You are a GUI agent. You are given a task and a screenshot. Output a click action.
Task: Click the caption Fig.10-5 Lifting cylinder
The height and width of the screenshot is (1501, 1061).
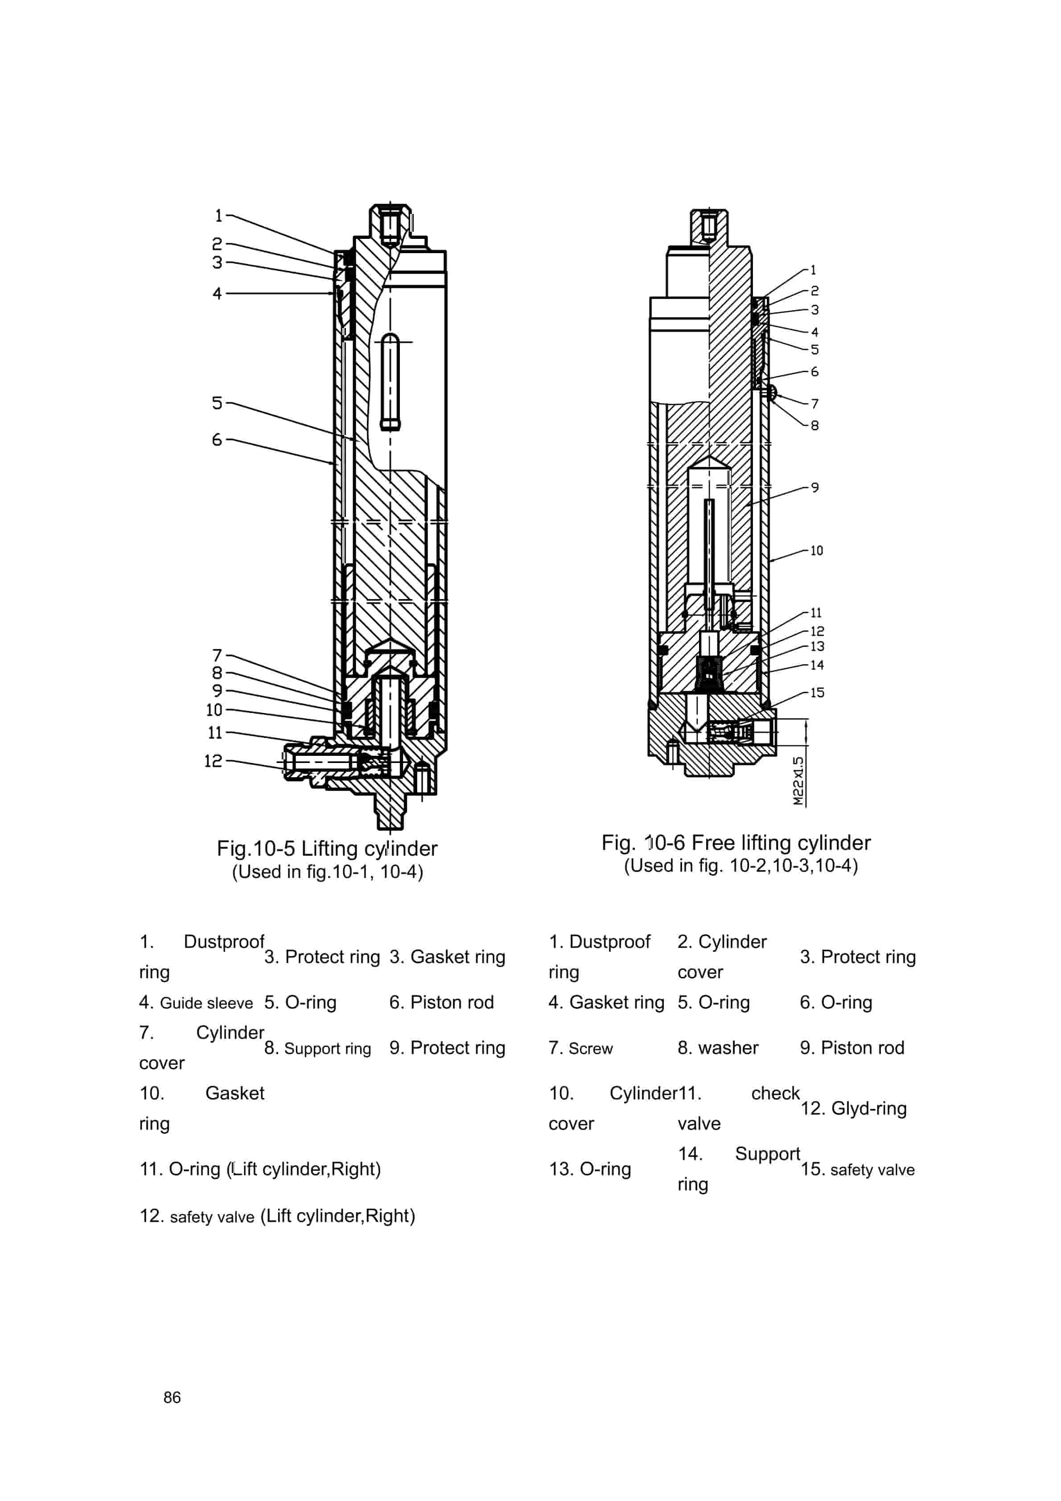coord(327,849)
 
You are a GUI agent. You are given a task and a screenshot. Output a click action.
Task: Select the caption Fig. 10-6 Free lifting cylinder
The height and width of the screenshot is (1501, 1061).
coord(736,843)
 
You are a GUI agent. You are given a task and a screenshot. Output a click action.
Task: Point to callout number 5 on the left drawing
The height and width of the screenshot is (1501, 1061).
coord(217,403)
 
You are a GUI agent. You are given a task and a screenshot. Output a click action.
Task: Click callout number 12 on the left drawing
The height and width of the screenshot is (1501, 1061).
coord(213,760)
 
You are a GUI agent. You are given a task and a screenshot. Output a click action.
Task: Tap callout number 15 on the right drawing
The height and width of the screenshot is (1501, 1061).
coord(817,692)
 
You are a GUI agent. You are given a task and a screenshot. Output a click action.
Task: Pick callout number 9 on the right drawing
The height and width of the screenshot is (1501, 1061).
coord(814,488)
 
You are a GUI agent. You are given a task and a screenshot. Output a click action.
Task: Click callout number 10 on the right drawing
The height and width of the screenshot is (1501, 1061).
coord(816,550)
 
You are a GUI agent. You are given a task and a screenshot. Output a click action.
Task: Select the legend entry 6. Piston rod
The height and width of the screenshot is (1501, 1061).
coord(441,1002)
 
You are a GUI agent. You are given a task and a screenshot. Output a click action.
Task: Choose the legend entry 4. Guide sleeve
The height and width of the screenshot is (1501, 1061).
coord(196,1003)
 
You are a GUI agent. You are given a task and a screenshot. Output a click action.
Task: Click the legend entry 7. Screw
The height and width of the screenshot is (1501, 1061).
coord(580,1048)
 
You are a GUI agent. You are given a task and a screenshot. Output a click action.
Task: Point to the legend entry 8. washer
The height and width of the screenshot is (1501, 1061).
coord(718,1047)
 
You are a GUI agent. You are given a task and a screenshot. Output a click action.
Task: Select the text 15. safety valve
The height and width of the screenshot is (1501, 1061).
coord(857,1169)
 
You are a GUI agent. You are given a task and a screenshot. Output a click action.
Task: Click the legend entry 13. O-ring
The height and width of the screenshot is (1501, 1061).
coord(589,1169)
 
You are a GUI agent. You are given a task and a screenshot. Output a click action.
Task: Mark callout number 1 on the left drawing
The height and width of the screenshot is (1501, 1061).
coord(218,215)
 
